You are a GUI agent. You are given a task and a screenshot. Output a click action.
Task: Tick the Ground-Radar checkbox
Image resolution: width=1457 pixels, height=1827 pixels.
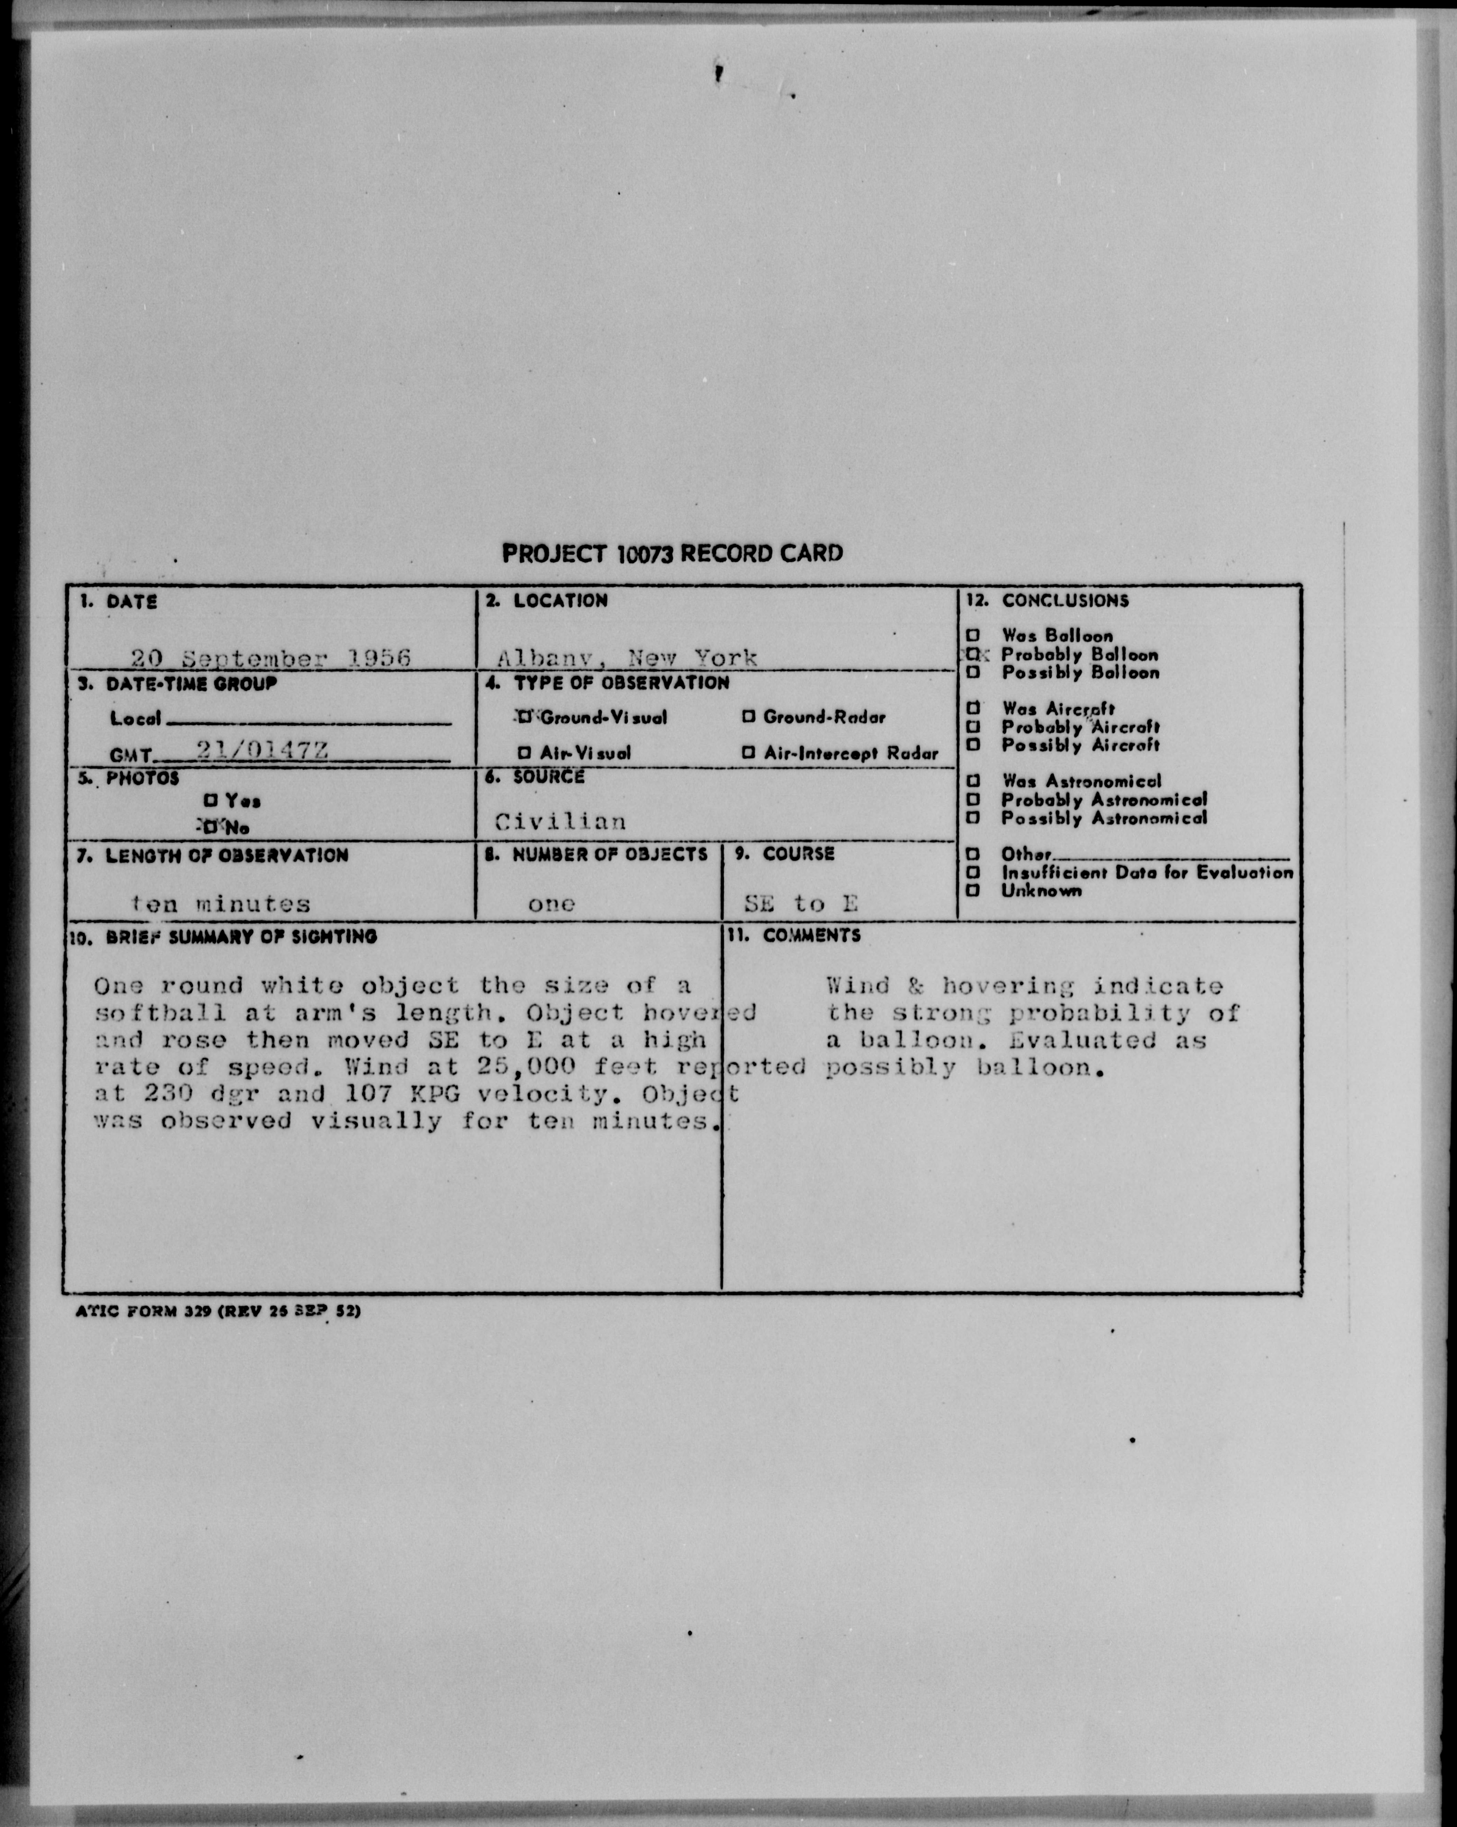click(748, 717)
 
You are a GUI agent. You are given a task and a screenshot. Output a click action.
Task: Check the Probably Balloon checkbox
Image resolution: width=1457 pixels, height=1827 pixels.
click(973, 654)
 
